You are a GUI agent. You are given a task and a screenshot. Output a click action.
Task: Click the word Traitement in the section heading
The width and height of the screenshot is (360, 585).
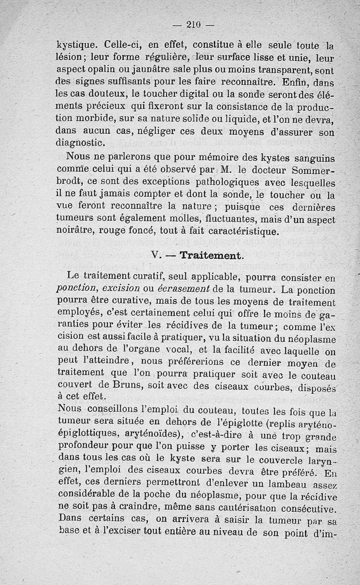click(211, 256)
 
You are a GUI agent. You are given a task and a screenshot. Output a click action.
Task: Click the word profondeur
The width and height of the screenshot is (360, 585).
click(84, 446)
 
